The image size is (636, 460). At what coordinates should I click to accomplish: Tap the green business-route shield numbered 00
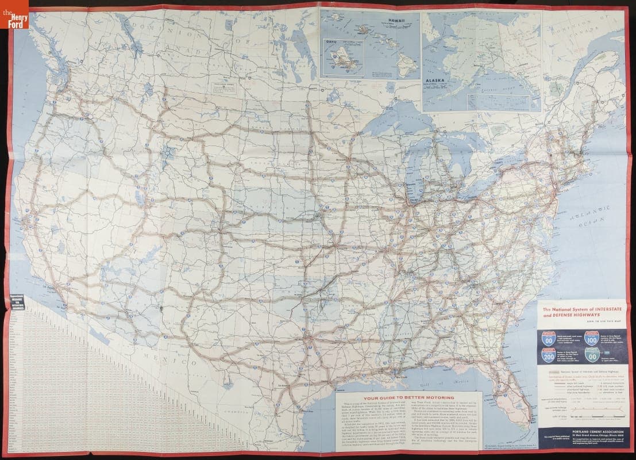coord(594,358)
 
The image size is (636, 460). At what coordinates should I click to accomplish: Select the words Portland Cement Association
coord(584,430)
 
